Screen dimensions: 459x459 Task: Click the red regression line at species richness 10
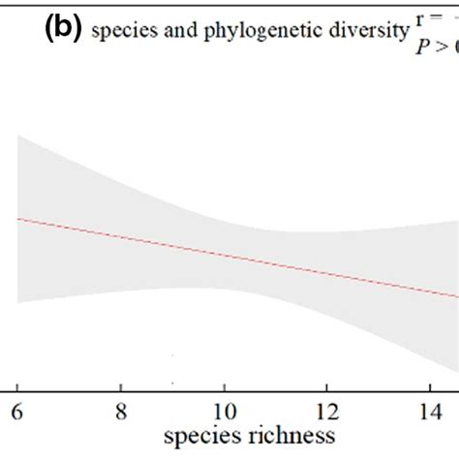pos(224,254)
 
